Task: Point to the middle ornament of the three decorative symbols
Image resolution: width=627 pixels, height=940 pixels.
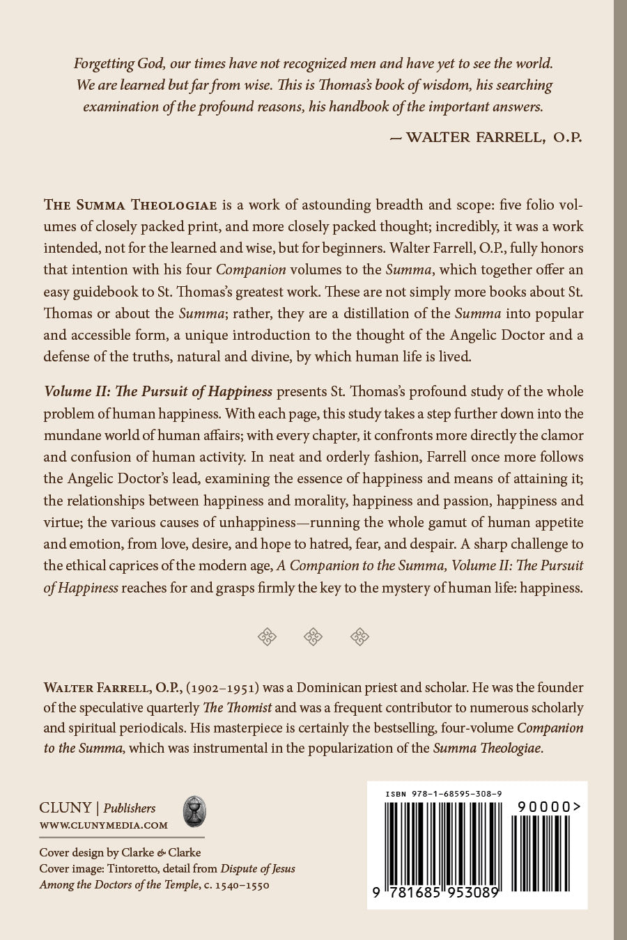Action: tap(313, 636)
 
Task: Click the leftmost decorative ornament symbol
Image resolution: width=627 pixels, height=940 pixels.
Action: tap(268, 636)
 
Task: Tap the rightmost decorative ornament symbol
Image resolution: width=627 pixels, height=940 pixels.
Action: tap(359, 636)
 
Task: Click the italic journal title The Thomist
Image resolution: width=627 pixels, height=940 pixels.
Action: tap(239, 708)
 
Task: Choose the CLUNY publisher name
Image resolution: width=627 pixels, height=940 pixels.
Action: tap(65, 808)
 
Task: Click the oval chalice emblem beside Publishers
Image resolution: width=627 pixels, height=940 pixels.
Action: tap(194, 813)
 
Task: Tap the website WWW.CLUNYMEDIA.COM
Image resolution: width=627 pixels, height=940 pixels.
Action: tap(104, 825)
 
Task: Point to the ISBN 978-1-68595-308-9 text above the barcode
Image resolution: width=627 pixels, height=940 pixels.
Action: tap(444, 794)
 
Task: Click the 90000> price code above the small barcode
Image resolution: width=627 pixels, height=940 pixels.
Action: tap(549, 806)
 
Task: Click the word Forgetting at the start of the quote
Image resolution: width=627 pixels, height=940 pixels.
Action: tap(104, 63)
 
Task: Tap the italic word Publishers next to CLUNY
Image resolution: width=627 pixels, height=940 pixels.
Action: tap(130, 808)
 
